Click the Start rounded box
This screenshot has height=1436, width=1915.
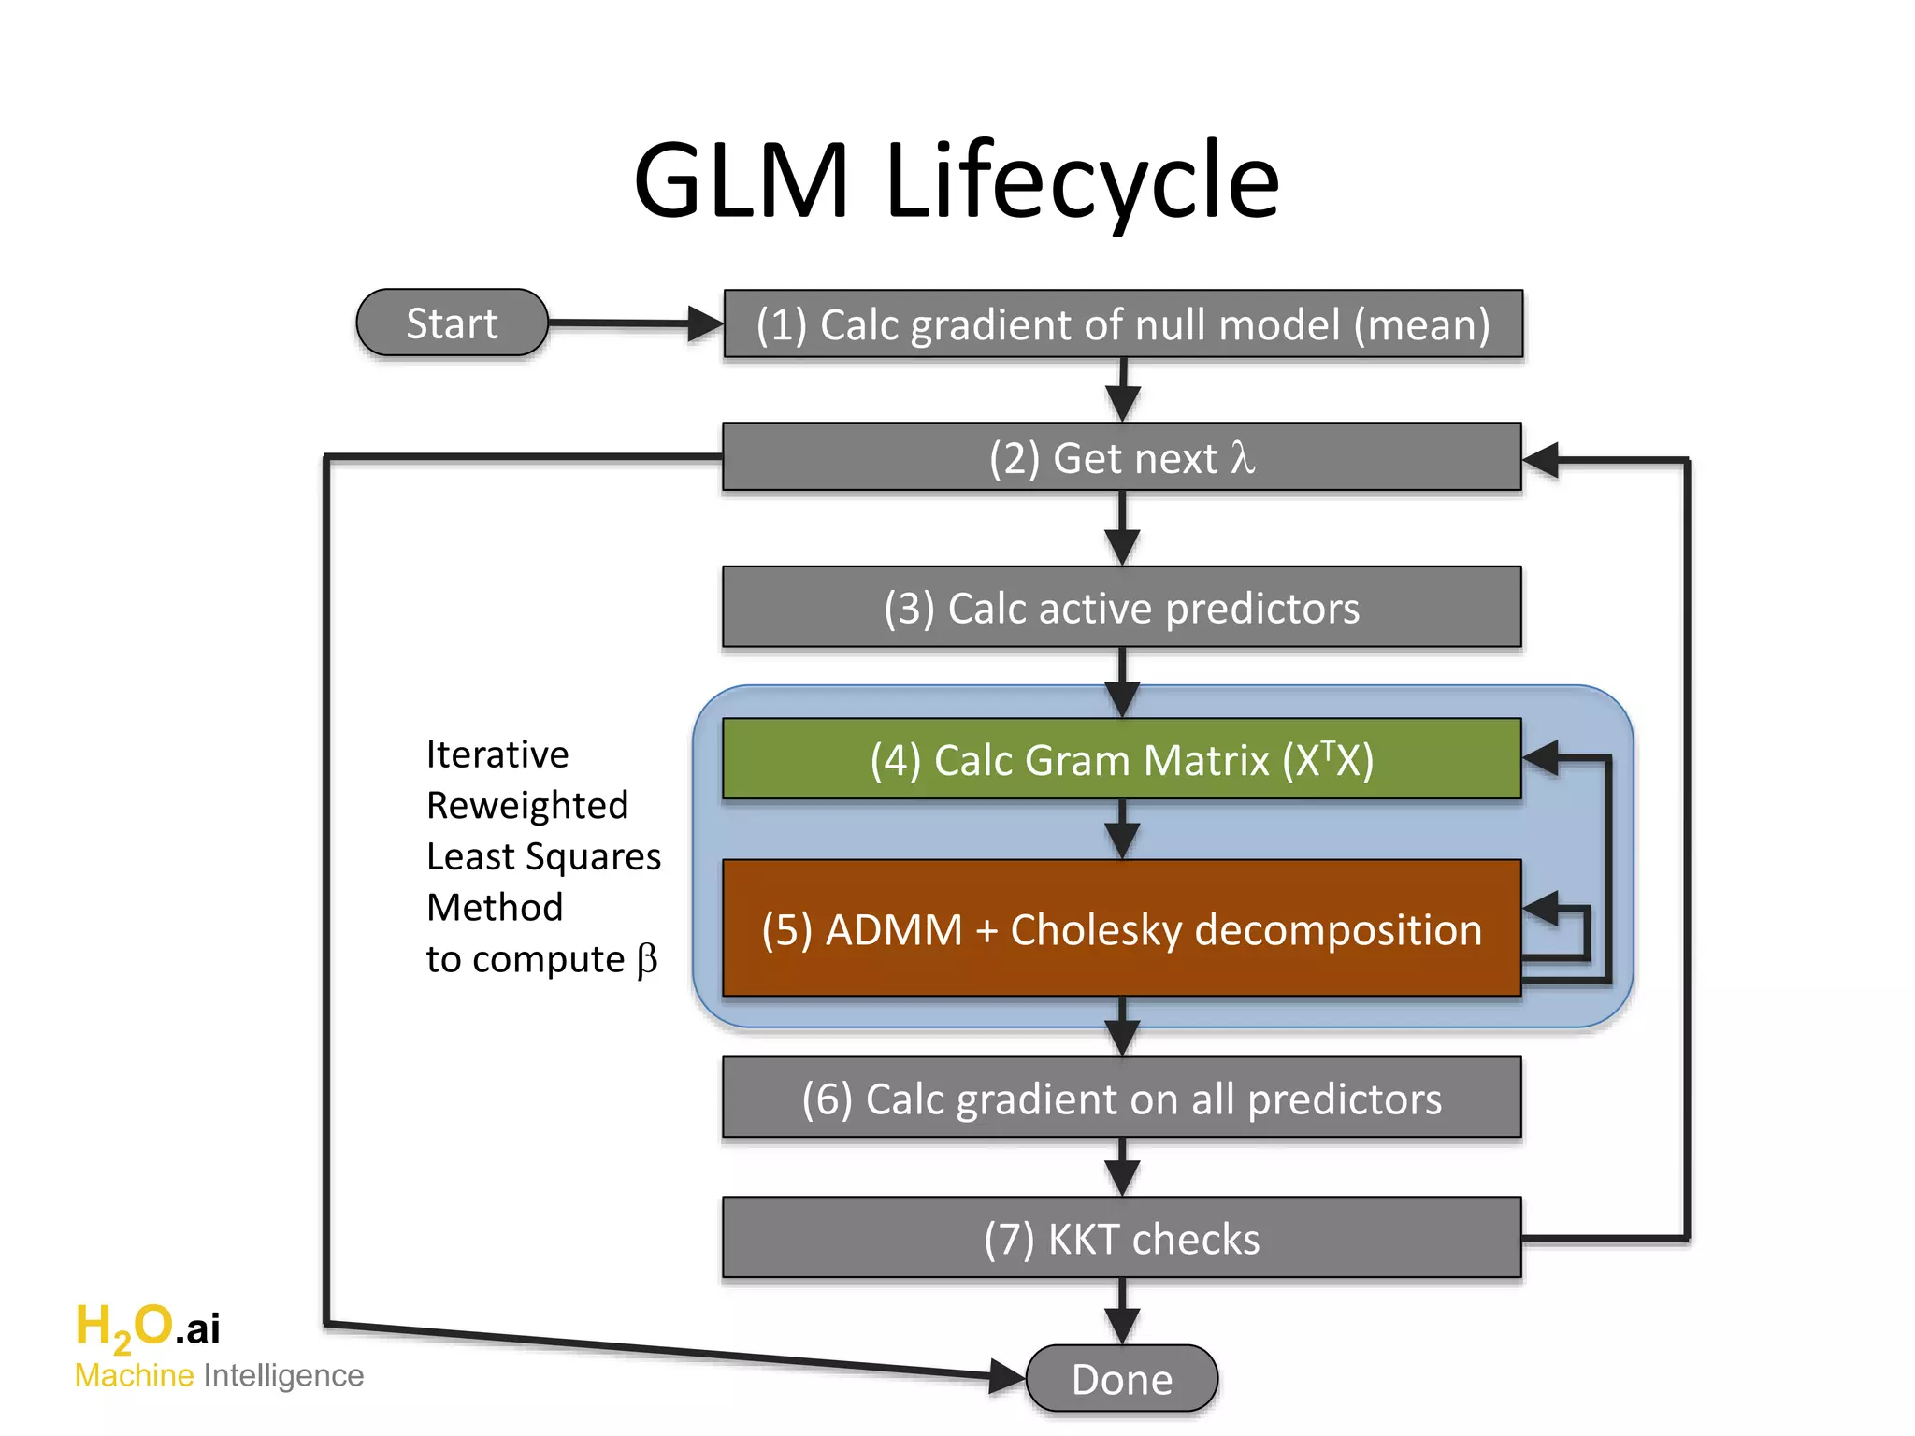pos(452,323)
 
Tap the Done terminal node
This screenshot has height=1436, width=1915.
pos(1121,1379)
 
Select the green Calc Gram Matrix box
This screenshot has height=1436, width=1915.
pos(1121,759)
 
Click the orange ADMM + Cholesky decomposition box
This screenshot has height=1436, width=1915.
pos(1121,929)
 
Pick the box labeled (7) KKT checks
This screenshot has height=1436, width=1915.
pos(1121,1238)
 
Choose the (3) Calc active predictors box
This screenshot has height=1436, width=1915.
pos(1121,608)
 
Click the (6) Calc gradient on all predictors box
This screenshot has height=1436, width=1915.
pos(1121,1099)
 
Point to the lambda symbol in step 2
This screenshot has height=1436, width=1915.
pos(1242,458)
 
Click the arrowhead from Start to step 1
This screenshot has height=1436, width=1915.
pos(705,324)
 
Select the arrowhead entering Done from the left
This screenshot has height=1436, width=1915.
pos(1007,1375)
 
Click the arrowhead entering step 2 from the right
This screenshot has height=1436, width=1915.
pos(1541,459)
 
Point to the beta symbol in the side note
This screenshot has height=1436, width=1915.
pos(647,960)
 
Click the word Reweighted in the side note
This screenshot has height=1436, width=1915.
pos(527,806)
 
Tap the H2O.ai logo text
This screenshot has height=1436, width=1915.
pos(148,1327)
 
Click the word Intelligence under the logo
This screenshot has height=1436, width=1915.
pos(283,1376)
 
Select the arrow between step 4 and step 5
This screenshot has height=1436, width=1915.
pos(1121,830)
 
